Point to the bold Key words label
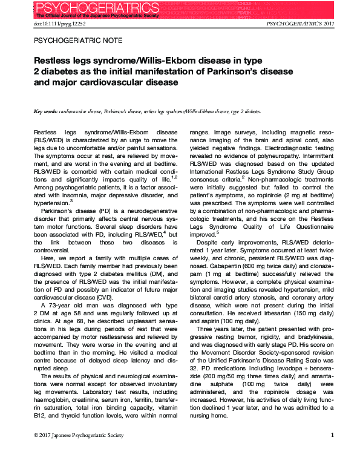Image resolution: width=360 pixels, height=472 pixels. (x=46, y=112)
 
